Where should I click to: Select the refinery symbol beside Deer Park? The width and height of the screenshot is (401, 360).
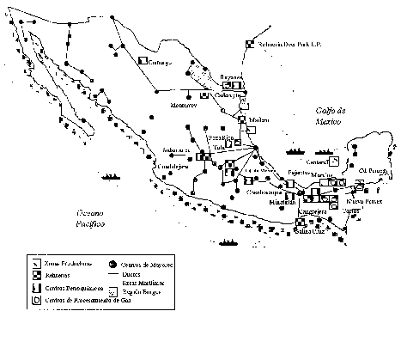(250, 43)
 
